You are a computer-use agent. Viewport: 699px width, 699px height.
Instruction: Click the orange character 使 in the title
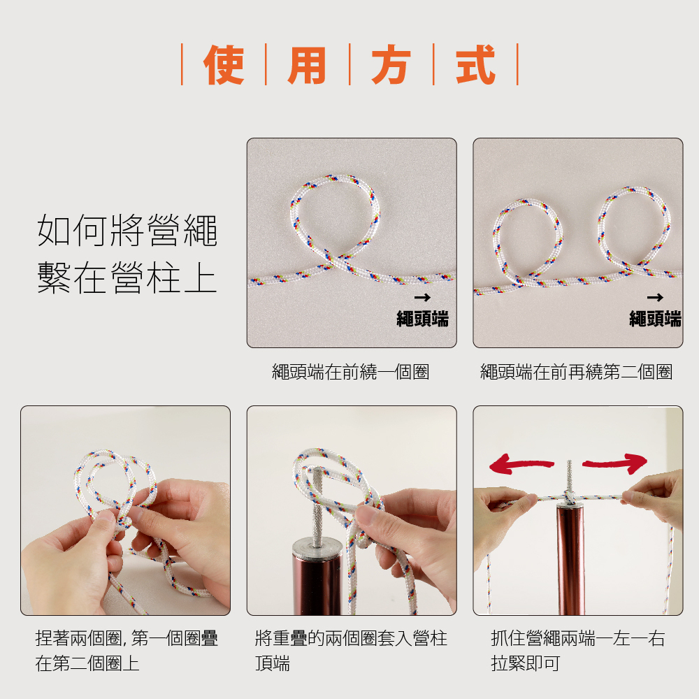224,64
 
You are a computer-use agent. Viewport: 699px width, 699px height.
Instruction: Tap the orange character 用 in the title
307,65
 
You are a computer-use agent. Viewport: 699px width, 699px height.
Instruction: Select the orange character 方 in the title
391,64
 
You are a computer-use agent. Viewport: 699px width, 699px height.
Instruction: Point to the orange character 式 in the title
475,64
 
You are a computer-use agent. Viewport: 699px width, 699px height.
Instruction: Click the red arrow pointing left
521,464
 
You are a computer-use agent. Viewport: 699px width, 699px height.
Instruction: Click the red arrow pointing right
615,463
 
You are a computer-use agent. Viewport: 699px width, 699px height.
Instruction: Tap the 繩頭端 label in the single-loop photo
423,319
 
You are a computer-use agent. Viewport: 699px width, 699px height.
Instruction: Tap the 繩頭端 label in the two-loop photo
655,319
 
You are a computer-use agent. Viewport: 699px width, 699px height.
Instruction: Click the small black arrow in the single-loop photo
422,297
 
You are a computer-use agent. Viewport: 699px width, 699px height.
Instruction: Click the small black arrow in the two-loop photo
655,297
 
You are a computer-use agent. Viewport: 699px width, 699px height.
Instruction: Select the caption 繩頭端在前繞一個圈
351,372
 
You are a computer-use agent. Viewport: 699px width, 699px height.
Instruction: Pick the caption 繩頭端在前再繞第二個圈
577,372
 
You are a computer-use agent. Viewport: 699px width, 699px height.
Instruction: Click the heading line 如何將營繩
127,231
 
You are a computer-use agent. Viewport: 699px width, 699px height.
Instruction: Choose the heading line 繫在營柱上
127,278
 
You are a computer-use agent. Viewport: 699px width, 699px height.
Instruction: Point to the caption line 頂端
273,663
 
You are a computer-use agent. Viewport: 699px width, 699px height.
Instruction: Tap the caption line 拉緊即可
526,663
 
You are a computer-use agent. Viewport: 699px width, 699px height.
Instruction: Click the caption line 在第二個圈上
87,663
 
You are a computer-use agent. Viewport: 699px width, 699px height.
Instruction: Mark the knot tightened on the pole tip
569,496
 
